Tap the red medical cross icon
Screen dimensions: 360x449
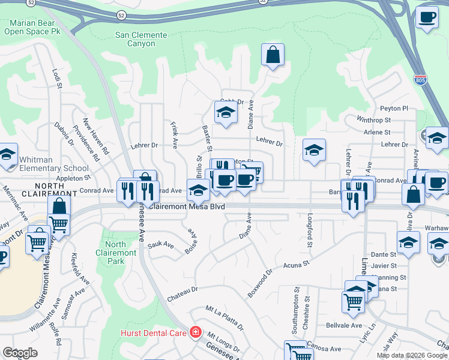(x=194, y=332)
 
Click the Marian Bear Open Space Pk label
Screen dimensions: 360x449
(x=31, y=27)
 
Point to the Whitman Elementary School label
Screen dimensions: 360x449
(x=54, y=164)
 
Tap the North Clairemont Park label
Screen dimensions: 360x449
(x=115, y=253)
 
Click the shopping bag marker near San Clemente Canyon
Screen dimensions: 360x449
(x=273, y=55)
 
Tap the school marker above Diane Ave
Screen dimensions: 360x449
(x=226, y=112)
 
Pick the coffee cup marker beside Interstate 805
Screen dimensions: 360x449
(x=427, y=17)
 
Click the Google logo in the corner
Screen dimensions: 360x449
(x=20, y=353)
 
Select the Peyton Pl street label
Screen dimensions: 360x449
(x=394, y=109)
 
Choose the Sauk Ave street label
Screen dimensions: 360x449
(x=160, y=245)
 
